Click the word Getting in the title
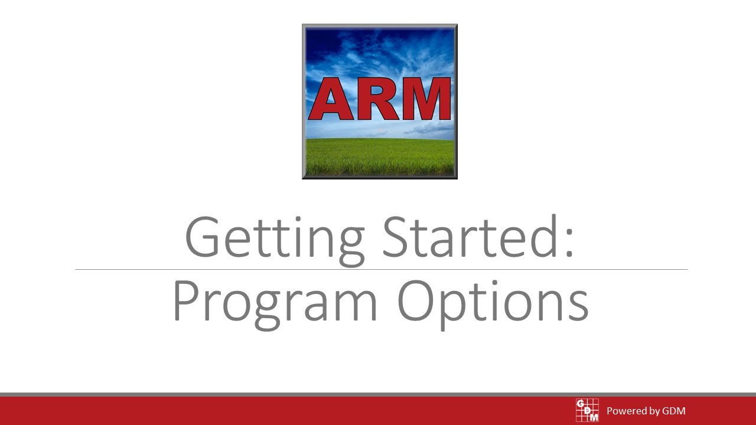click(x=274, y=237)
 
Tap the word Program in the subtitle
click(x=275, y=302)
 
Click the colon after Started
click(x=569, y=242)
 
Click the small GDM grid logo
click(x=587, y=410)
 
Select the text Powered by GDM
click(x=646, y=411)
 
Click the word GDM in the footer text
click(x=673, y=411)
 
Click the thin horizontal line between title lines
click(x=381, y=269)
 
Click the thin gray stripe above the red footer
click(x=378, y=394)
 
